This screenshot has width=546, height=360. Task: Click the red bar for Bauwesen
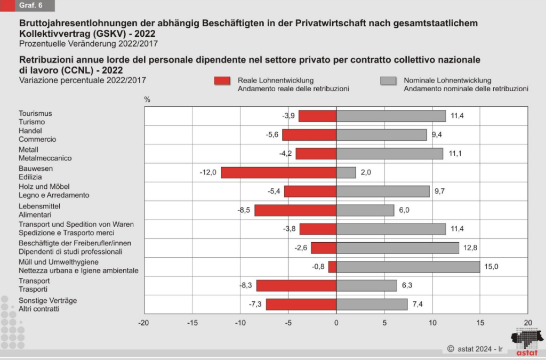click(279, 172)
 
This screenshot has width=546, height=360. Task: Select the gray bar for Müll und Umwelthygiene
click(408, 267)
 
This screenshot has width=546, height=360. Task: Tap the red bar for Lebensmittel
click(295, 210)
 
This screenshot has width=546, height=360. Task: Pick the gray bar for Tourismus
click(391, 116)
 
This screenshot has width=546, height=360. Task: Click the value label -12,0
click(208, 172)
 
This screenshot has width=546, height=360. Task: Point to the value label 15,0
click(491, 267)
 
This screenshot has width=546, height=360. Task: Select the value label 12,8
click(470, 248)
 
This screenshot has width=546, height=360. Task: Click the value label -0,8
click(318, 267)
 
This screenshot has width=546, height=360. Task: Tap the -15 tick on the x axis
click(192, 323)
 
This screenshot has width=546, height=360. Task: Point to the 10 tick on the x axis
click(432, 323)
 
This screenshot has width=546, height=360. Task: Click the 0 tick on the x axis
click(336, 323)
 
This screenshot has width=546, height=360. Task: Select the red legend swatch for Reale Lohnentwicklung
click(222, 81)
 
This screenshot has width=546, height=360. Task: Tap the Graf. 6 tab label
click(30, 6)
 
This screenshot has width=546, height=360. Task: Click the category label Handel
click(30, 131)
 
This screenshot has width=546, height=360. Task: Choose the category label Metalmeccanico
click(45, 158)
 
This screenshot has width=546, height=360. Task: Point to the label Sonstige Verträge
click(48, 300)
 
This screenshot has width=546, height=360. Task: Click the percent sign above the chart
click(148, 100)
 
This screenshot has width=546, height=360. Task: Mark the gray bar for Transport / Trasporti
click(367, 286)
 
